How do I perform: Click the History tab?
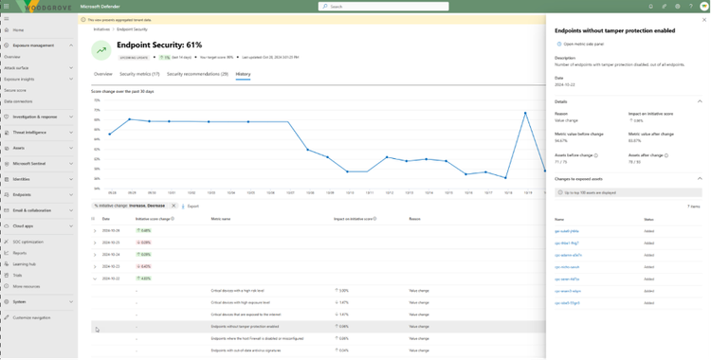tap(243, 73)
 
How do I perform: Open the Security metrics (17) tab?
tap(139, 73)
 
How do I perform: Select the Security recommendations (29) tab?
tap(197, 73)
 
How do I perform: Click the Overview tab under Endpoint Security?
tap(102, 73)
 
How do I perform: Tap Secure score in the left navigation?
tap(16, 90)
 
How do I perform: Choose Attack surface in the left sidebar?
tap(18, 68)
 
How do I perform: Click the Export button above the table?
tap(193, 205)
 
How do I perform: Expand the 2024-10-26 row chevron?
tap(95, 230)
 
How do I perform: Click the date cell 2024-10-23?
tap(112, 267)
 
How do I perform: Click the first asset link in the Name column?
tap(567, 231)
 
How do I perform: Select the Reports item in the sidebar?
tap(20, 253)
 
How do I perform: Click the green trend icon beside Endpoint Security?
tap(101, 49)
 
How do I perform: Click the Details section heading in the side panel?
tap(562, 100)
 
